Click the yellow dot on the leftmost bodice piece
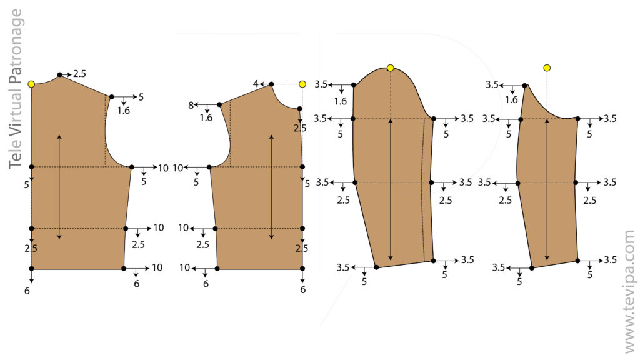point(31,84)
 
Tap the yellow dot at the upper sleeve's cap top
point(391,67)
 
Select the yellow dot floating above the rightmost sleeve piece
point(547,67)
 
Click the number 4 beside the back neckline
point(255,84)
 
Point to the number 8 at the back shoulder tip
point(191,105)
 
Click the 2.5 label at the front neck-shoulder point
point(79,74)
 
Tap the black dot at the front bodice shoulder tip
point(112,97)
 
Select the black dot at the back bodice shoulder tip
point(219,105)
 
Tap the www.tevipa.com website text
point(629,291)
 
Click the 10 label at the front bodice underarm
point(163,167)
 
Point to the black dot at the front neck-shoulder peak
point(59,75)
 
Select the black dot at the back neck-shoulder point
point(271,84)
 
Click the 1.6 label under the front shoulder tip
point(124,111)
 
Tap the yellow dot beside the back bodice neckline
point(302,84)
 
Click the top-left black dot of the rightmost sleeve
point(524,85)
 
